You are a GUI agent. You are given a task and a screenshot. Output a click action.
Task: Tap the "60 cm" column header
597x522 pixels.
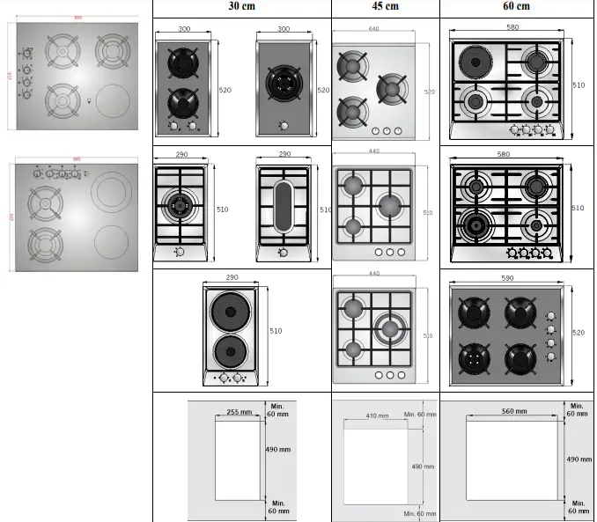coord(516,6)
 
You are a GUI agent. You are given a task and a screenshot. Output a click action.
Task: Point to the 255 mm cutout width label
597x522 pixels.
coord(239,412)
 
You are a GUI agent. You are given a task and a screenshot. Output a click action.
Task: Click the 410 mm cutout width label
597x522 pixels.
coord(377,415)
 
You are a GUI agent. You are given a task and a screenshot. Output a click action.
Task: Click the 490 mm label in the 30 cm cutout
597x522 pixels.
coord(279,449)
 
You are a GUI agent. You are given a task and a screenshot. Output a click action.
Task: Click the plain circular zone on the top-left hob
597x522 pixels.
coord(112,100)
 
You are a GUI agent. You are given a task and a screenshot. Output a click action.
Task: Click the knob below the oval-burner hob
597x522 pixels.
coord(284,253)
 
